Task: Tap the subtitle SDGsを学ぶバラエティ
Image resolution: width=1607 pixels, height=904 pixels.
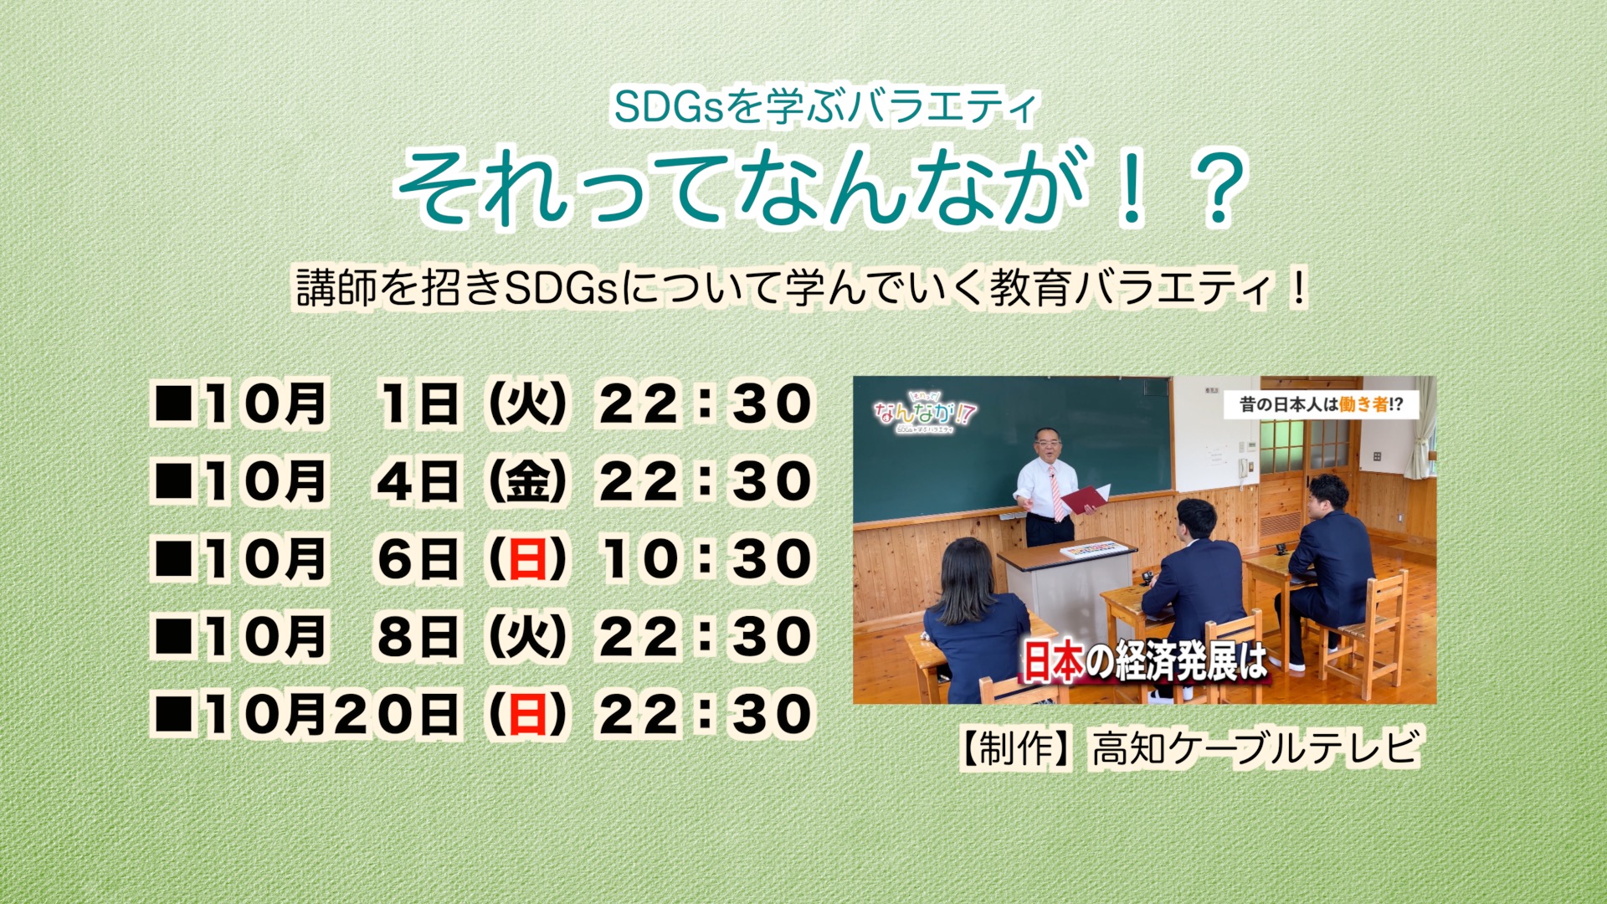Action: tap(825, 107)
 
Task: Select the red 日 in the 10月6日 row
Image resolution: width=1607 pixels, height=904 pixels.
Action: tap(527, 559)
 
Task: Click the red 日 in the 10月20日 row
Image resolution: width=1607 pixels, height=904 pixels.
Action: tap(527, 715)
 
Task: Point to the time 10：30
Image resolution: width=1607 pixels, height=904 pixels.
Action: tap(706, 559)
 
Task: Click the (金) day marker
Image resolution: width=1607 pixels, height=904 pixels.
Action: tap(527, 481)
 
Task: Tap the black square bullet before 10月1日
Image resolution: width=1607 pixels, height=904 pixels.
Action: tap(174, 403)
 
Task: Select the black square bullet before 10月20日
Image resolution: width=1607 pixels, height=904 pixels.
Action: tap(174, 715)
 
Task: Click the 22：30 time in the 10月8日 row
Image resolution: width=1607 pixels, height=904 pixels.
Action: tap(706, 637)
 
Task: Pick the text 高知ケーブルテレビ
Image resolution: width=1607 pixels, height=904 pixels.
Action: tap(1255, 747)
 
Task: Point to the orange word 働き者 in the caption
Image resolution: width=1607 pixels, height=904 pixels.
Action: tap(1363, 405)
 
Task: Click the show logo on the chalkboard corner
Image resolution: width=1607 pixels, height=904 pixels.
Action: tap(924, 412)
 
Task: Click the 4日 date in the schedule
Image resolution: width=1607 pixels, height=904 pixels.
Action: tap(418, 481)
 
